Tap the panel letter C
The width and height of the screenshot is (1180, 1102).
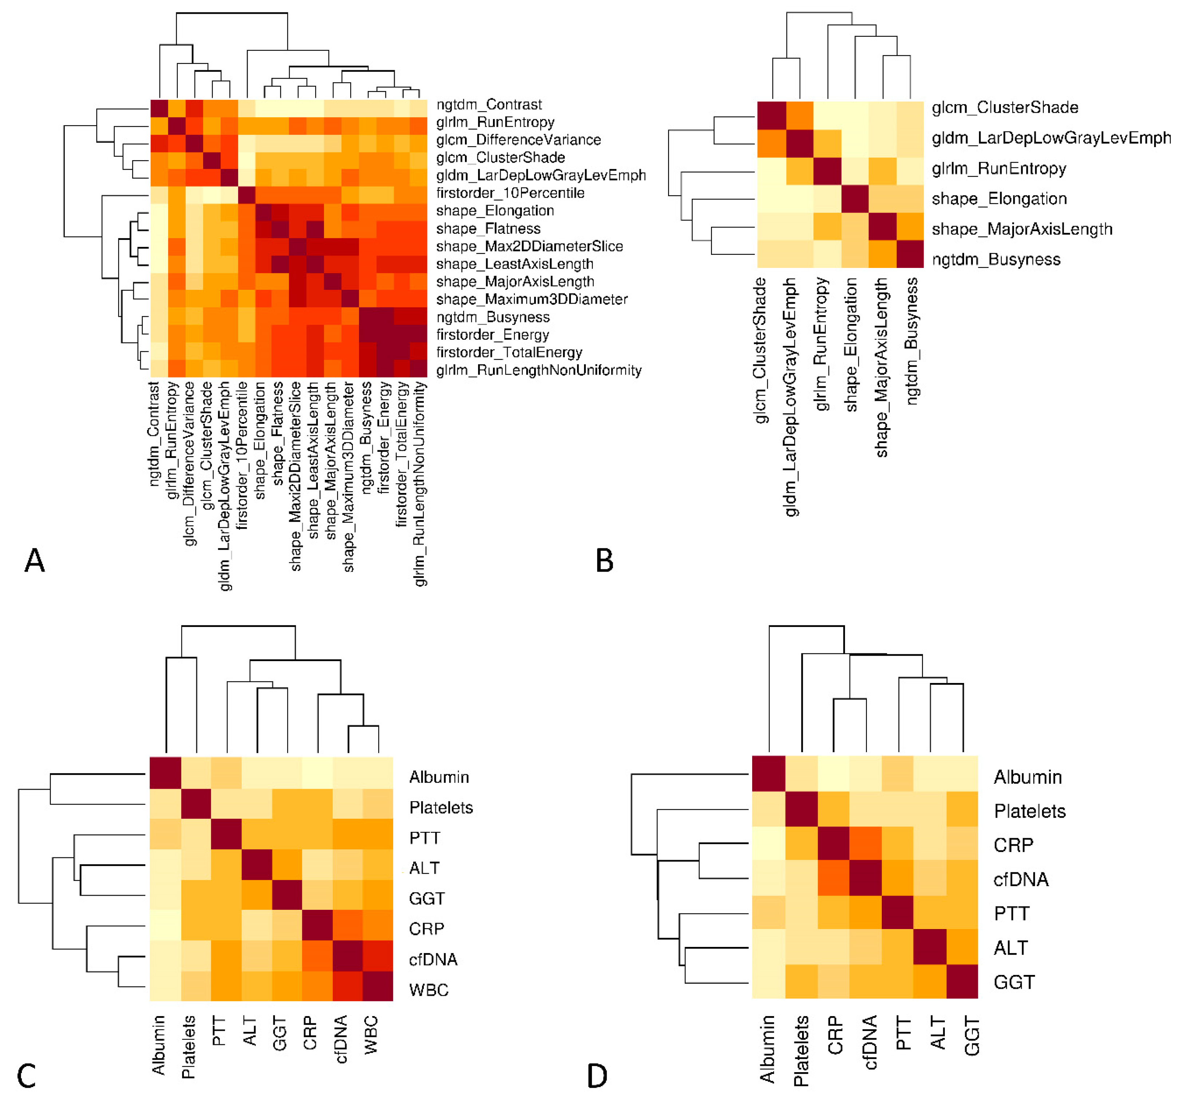26,1075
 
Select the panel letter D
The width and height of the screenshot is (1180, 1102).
597,1075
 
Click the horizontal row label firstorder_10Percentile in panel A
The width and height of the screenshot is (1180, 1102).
510,193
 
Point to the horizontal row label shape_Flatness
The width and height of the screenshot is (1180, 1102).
488,229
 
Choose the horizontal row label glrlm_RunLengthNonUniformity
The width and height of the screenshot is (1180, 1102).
538,370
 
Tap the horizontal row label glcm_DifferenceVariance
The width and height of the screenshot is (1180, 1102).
518,140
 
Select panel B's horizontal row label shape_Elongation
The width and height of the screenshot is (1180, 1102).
999,199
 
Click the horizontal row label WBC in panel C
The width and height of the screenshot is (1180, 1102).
429,990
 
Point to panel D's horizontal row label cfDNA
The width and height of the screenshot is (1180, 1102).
1021,880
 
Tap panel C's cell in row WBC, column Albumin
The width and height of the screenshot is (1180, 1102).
165,990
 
